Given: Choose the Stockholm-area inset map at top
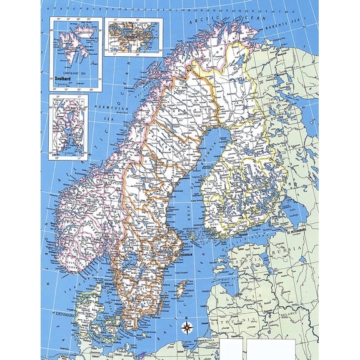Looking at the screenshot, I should click(x=133, y=36).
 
